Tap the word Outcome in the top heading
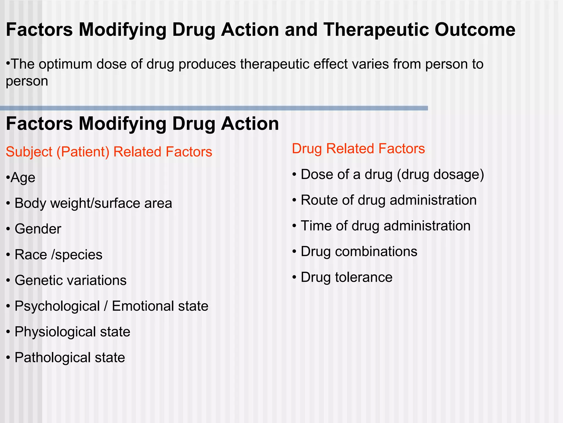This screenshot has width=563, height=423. point(475,30)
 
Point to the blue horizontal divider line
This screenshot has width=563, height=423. point(214,108)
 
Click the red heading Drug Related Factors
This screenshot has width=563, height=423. point(358,149)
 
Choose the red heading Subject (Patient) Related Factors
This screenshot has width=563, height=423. point(109,152)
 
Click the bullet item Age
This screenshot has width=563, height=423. point(23,178)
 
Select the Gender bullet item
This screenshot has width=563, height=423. point(38,229)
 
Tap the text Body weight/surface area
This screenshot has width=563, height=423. point(93,204)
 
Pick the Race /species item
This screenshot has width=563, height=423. point(58,255)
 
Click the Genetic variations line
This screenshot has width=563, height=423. point(70,281)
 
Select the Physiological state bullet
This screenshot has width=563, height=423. point(72,332)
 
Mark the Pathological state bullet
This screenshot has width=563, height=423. point(70,358)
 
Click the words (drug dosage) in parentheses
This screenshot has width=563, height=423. point(440,175)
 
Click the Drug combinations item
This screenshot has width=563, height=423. point(359,252)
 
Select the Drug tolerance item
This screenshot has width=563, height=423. point(346,277)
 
